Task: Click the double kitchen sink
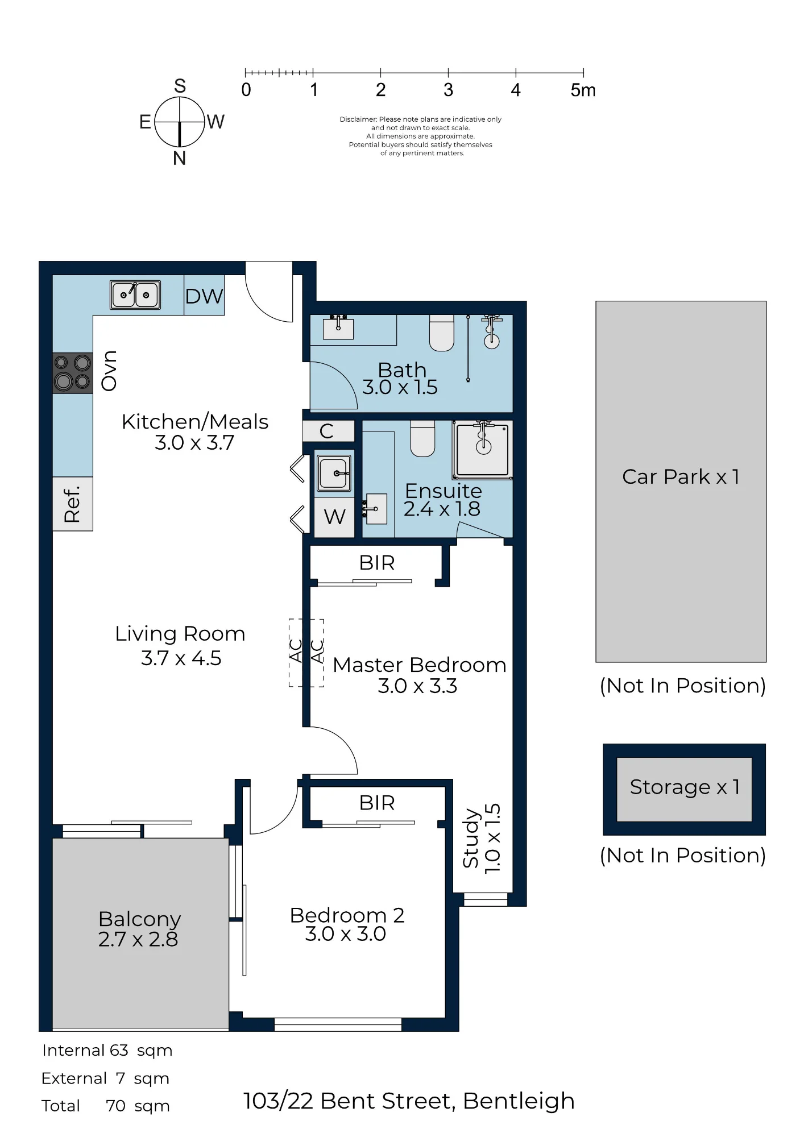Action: tap(135, 295)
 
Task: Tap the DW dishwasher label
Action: tap(204, 296)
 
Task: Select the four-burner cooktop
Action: tap(73, 373)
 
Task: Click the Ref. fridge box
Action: tap(73, 504)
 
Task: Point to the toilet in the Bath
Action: tap(442, 333)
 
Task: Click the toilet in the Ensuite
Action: tap(422, 438)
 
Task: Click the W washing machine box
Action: tap(334, 517)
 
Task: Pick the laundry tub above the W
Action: tap(334, 473)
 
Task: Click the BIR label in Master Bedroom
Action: tap(377, 563)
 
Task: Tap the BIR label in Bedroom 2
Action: tap(377, 803)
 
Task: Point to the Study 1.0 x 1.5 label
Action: tap(482, 838)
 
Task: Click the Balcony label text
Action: tap(139, 919)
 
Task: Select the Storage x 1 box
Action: tap(685, 789)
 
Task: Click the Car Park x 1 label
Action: tap(681, 476)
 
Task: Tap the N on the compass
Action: tap(180, 159)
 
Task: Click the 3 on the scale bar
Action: tap(449, 90)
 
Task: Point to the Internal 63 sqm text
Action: tap(107, 1051)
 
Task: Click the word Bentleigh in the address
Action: tap(519, 1101)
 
